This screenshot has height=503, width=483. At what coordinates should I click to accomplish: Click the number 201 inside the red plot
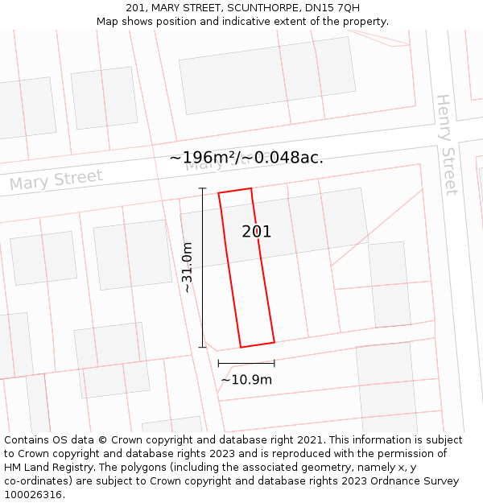coord(257,232)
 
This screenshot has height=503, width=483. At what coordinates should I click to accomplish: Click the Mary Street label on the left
coord(56,181)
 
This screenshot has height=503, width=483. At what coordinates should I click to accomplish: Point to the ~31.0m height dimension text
coord(188,267)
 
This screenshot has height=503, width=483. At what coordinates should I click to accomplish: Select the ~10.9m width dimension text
coord(246,380)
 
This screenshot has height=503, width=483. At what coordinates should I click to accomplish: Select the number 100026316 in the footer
coord(33,495)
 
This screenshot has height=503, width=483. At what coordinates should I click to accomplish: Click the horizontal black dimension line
coord(246,363)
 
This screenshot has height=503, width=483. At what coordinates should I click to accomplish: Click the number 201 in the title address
coord(135,8)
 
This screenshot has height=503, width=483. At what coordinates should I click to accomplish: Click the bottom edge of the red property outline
coord(258,344)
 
